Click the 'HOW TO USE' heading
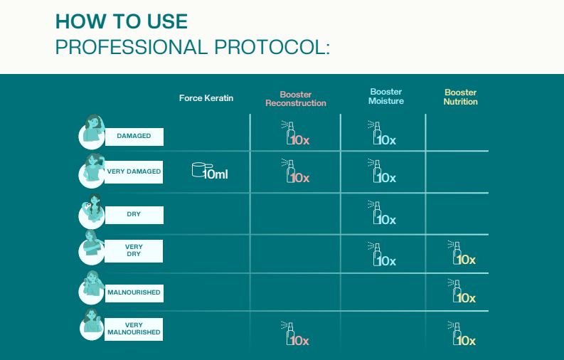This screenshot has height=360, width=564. click(x=122, y=21)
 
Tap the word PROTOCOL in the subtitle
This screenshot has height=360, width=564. click(x=272, y=47)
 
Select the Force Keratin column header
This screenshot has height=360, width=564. click(x=206, y=98)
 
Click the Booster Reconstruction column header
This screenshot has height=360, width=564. click(x=296, y=99)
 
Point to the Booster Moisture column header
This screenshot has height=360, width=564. click(x=386, y=96)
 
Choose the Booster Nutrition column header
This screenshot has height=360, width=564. click(x=460, y=97)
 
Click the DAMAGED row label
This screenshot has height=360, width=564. click(x=134, y=136)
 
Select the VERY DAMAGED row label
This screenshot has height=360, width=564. click(x=134, y=171)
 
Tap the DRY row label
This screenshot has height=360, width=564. click(x=134, y=214)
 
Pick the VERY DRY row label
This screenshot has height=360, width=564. click(x=134, y=250)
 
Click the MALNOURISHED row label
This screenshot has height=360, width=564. click(x=134, y=292)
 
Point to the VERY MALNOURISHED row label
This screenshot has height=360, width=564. click(x=134, y=329)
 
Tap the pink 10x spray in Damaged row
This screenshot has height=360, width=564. click(x=295, y=133)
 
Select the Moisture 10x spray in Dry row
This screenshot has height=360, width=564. click(x=382, y=213)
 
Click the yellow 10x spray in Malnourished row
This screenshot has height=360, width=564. click(x=462, y=291)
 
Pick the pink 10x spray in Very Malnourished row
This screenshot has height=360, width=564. click(x=295, y=334)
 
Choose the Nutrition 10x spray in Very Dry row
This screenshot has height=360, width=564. click(x=462, y=253)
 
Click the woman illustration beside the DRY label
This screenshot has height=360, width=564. click(x=92, y=212)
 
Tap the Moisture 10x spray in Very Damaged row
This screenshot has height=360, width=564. click(x=382, y=171)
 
